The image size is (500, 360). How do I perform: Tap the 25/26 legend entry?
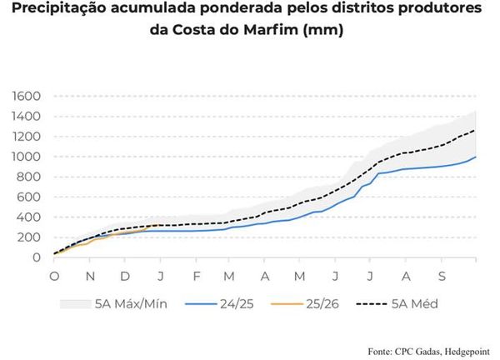point(334,304)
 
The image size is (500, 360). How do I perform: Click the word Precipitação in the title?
point(58,10)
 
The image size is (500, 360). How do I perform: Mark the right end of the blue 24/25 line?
point(477,156)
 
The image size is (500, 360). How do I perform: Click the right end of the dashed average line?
point(477,129)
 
